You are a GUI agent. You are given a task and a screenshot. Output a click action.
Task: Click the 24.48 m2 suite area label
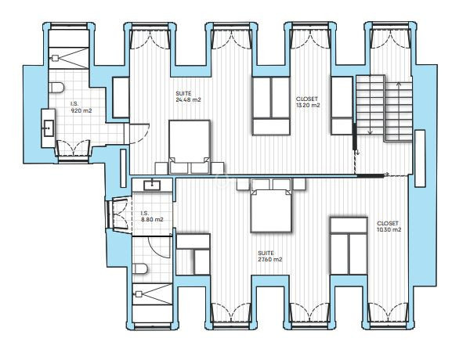coord(188,97)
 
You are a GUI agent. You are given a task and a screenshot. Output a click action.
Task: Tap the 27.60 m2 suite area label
coord(270,257)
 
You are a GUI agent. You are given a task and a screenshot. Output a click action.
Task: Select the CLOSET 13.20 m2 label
coord(308,102)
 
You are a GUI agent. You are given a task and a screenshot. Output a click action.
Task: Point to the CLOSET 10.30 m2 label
coord(389,227)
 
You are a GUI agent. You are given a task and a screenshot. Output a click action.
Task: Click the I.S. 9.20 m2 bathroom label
coord(81,107)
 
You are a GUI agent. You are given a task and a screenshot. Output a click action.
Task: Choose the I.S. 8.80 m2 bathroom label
coord(152,216)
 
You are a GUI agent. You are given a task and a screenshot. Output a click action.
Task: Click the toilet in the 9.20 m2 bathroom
coord(56,88)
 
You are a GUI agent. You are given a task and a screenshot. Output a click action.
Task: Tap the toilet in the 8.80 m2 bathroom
coord(140,268)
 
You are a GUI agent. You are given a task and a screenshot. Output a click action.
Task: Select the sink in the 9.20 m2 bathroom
coord(49,128)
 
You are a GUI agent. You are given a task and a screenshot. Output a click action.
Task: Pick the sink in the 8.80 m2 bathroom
coord(152,185)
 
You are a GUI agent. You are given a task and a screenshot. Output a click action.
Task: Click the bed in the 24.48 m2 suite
coord(189,147)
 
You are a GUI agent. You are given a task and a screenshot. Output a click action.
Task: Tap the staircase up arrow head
coord(399,84)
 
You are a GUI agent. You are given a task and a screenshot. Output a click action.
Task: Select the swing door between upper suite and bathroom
coord(139,134)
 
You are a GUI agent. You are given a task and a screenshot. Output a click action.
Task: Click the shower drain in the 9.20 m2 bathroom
coord(55,58)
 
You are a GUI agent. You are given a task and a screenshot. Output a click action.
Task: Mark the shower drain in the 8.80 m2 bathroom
coord(139,294)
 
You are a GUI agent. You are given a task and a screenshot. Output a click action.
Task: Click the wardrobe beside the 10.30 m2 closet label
coord(349,246)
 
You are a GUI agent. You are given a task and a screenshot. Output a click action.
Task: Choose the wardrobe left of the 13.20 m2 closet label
coord(271,106)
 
